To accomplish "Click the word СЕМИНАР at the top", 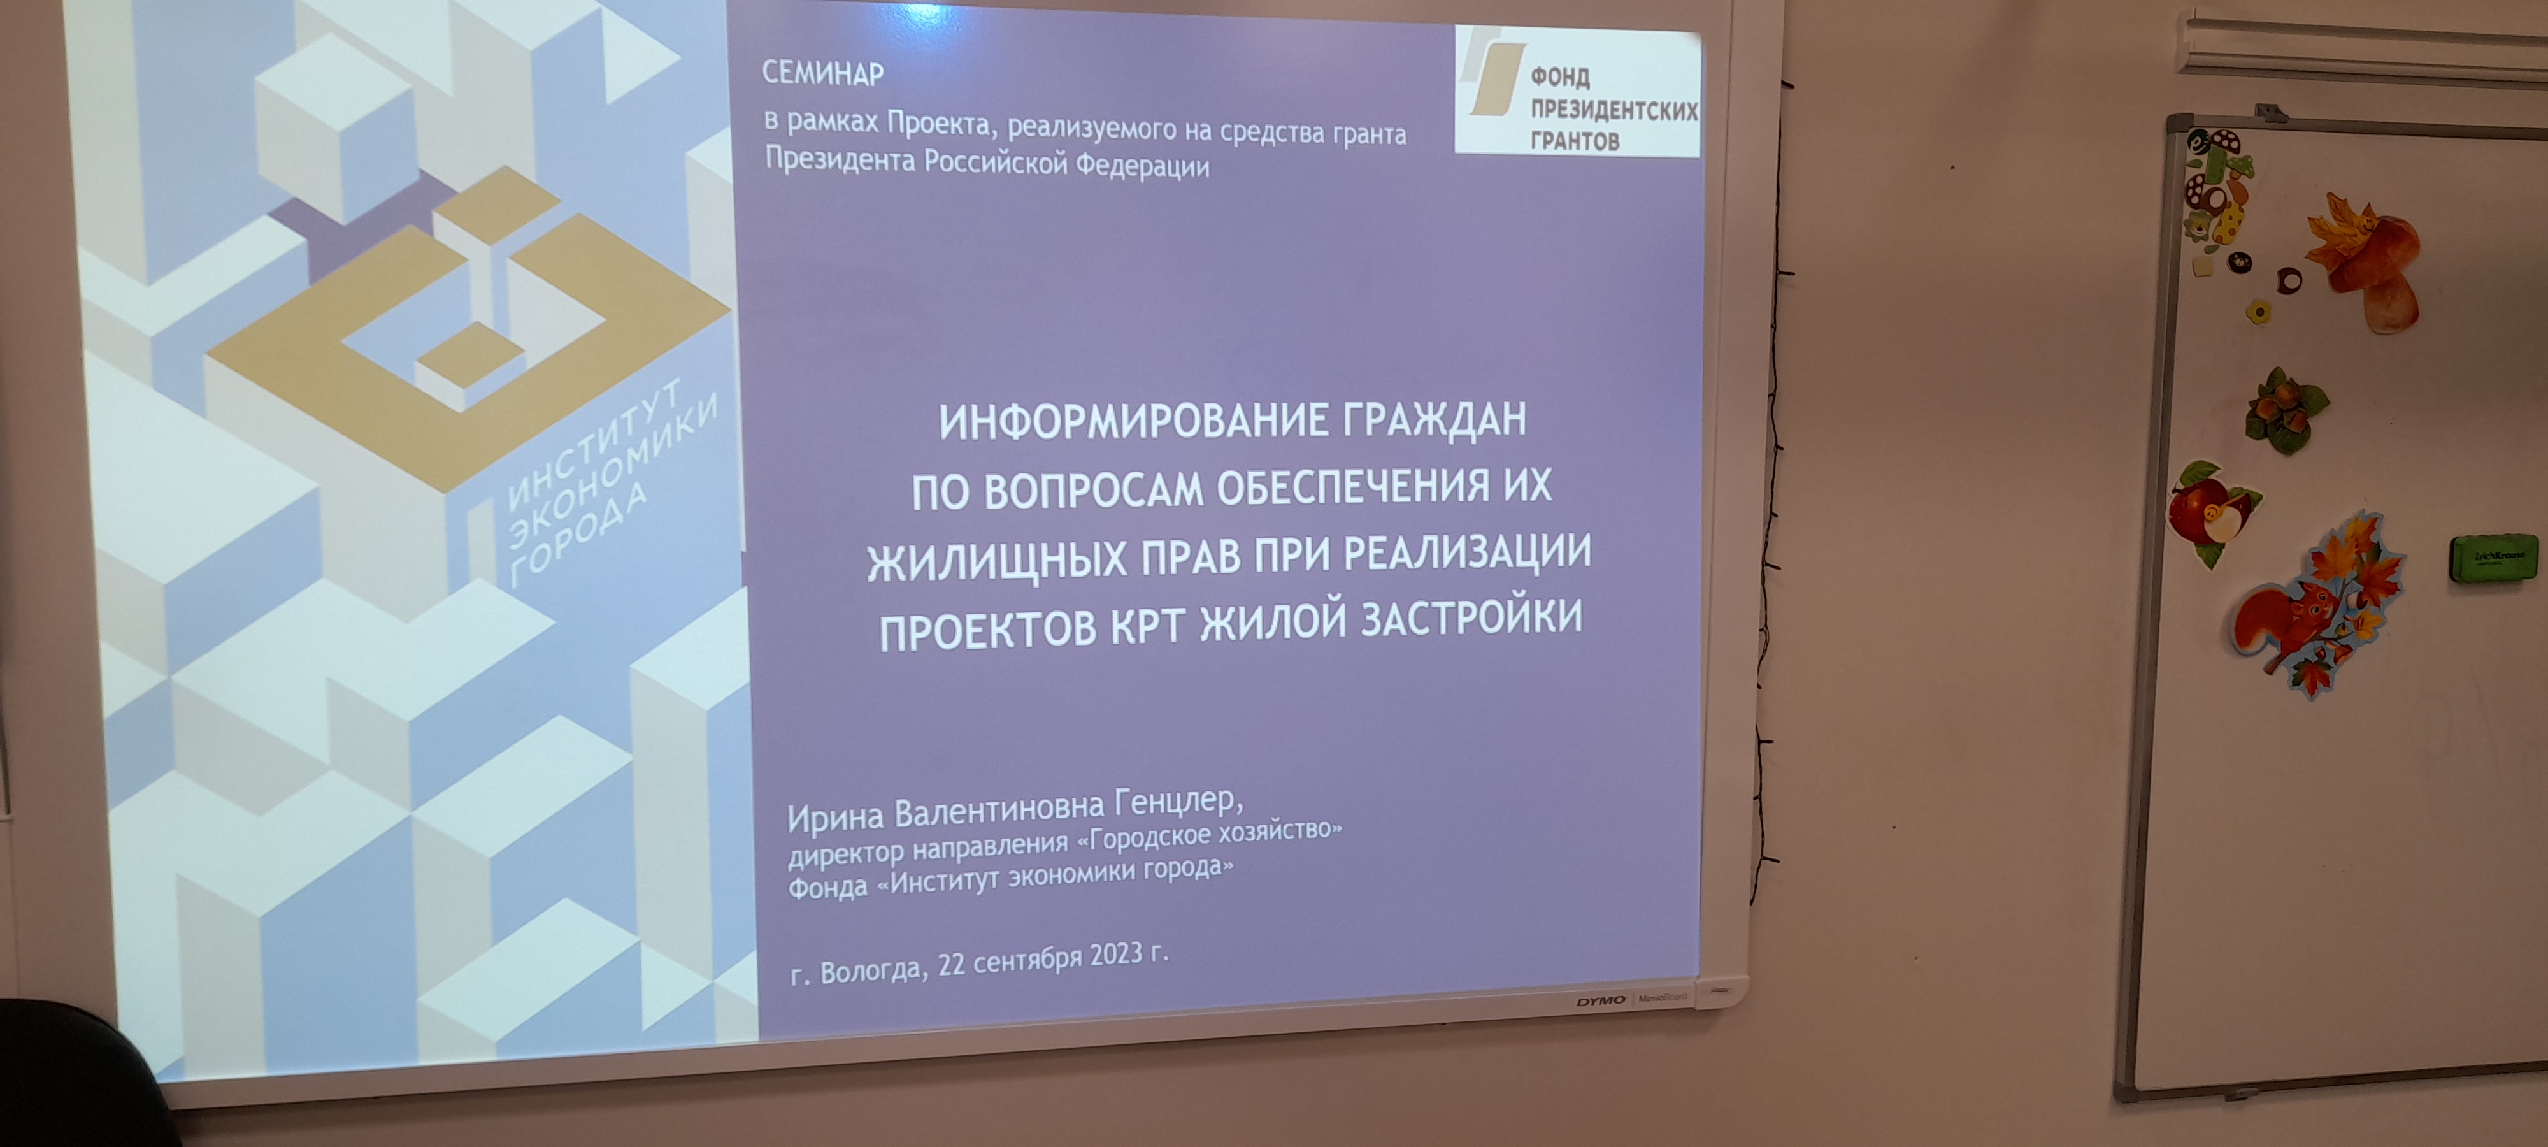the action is [x=823, y=73].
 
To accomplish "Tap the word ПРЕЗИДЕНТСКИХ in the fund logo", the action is [x=1614, y=110].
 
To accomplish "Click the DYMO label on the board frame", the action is [x=1600, y=1000].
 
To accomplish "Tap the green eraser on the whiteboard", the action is [x=2493, y=557].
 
